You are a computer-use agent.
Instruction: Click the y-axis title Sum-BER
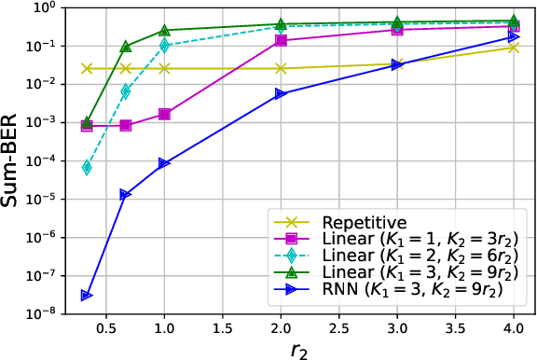(13, 159)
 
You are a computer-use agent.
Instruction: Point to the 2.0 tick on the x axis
(281, 327)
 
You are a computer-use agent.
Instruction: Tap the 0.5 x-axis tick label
(106, 327)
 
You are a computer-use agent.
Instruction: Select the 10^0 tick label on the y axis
(44, 8)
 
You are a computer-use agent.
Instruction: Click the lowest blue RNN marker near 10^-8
(87, 296)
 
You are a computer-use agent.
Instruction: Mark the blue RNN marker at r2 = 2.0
(281, 93)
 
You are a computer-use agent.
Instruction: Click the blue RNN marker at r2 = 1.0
(164, 163)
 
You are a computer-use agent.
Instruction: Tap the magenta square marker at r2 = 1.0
(164, 114)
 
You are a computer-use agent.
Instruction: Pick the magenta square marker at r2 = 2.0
(281, 40)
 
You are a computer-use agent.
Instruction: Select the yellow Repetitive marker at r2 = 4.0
(514, 47)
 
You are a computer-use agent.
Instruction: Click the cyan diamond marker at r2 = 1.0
(164, 45)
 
